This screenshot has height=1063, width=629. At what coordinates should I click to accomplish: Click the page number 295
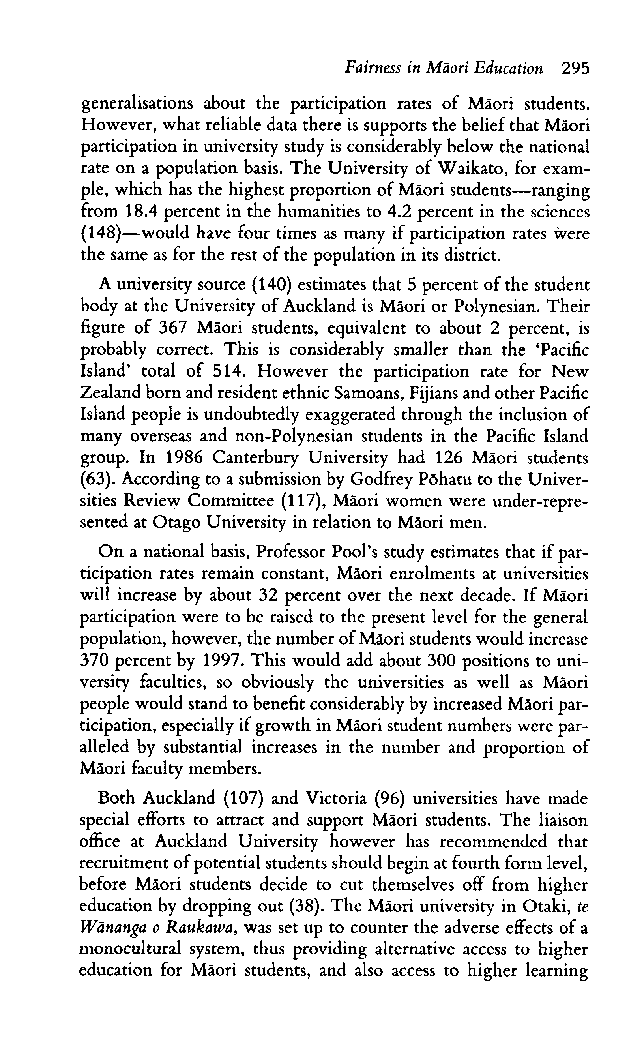pyautogui.click(x=575, y=68)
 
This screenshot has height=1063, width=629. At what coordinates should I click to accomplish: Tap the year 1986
pyautogui.click(x=184, y=458)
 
